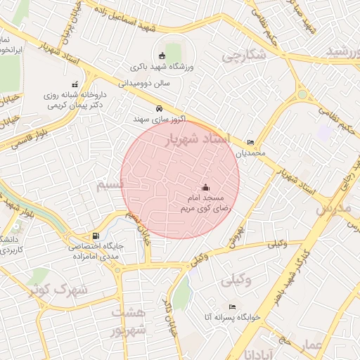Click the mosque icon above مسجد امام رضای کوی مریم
click(x=205, y=188)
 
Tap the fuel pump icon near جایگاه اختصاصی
click(x=96, y=236)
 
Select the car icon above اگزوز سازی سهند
click(x=160, y=109)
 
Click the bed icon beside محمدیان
click(x=251, y=142)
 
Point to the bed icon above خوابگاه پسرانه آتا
click(x=233, y=307)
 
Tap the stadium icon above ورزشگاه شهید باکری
click(x=162, y=56)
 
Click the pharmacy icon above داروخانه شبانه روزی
click(x=75, y=84)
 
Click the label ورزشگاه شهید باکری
click(x=162, y=67)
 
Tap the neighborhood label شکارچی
click(x=243, y=56)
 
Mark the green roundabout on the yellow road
click(x=302, y=94)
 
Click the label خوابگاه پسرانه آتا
click(x=231, y=317)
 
